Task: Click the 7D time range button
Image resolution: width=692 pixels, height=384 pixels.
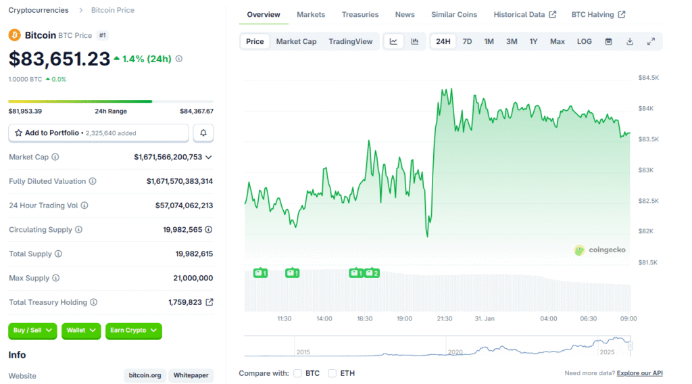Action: click(467, 41)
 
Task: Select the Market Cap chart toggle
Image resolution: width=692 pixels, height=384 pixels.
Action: click(296, 41)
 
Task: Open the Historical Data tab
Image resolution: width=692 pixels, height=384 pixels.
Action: click(524, 14)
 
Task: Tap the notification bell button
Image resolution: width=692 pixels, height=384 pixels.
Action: click(203, 133)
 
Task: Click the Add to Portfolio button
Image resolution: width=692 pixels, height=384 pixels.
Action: click(99, 133)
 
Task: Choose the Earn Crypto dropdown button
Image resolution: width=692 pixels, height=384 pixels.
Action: click(133, 331)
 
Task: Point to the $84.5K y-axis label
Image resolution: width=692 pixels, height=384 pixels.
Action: click(648, 78)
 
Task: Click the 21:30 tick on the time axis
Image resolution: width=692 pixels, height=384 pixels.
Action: click(444, 318)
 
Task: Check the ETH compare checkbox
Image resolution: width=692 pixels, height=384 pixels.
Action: click(332, 373)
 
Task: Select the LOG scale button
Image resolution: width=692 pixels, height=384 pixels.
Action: click(585, 41)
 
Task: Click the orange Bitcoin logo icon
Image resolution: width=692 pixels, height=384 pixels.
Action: click(15, 34)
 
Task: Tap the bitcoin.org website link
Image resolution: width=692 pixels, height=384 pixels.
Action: click(145, 375)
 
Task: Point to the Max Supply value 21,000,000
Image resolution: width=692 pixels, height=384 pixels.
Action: click(193, 278)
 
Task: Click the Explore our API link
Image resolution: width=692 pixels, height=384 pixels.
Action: click(639, 373)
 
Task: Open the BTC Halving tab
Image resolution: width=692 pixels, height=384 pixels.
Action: click(598, 14)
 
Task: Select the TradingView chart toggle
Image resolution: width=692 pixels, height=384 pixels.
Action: click(350, 41)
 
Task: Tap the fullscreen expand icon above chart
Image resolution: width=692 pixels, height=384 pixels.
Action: click(651, 41)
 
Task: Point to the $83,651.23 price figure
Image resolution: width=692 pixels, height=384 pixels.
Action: click(59, 59)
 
